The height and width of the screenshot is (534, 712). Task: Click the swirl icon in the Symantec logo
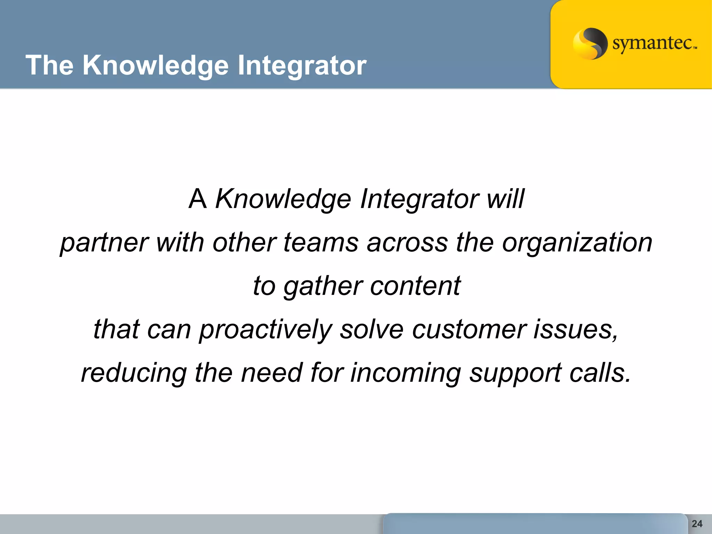click(x=590, y=43)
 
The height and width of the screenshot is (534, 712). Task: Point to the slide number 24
click(x=697, y=524)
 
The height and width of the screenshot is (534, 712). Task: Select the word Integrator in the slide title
click(x=302, y=65)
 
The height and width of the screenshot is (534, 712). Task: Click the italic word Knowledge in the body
click(x=283, y=199)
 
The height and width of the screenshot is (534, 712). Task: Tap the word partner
click(x=104, y=243)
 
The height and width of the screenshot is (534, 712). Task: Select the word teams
click(x=321, y=242)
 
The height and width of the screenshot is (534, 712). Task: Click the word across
click(x=407, y=242)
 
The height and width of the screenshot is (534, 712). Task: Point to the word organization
click(x=577, y=243)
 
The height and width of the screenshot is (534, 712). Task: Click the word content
click(x=415, y=286)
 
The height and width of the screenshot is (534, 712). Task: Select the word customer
click(x=469, y=329)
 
